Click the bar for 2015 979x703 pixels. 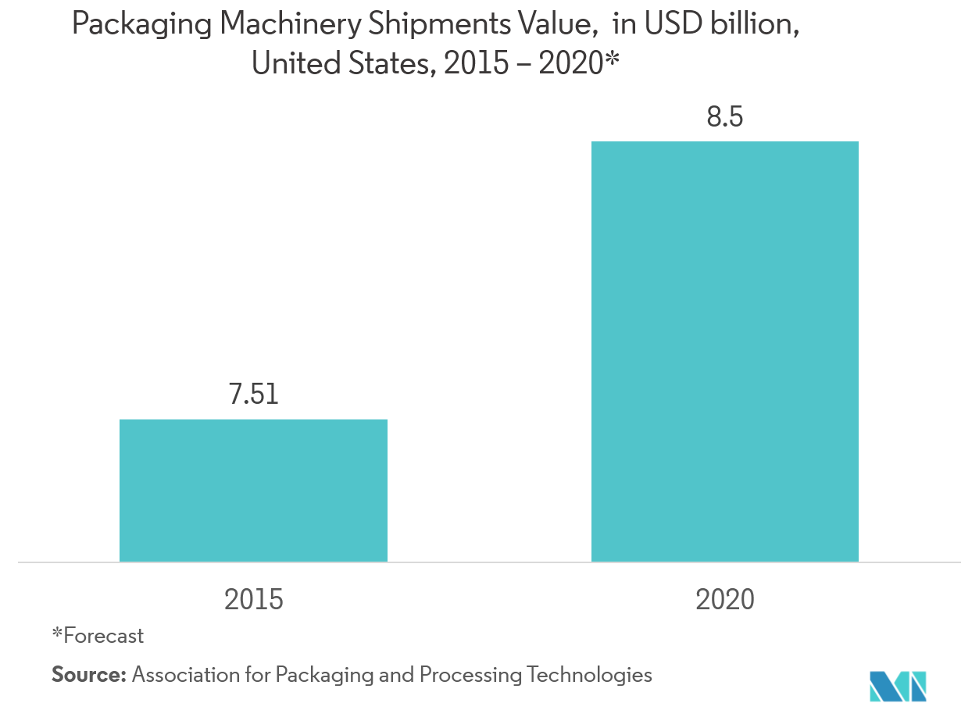pos(253,491)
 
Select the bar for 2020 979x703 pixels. pos(724,351)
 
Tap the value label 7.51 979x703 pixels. pos(253,394)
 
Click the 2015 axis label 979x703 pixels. pos(253,600)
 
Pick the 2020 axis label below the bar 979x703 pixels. pos(724,600)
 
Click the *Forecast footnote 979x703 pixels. pos(98,636)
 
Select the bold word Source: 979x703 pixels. pos(88,674)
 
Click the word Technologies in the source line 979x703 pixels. pos(589,674)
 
